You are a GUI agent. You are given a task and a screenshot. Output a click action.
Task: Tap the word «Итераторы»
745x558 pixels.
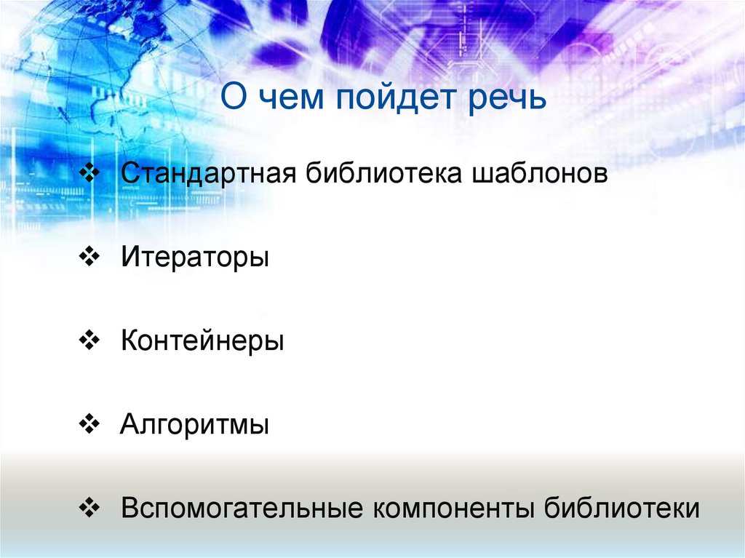pyautogui.click(x=195, y=258)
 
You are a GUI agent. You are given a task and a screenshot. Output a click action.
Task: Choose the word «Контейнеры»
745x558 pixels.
pyautogui.click(x=202, y=341)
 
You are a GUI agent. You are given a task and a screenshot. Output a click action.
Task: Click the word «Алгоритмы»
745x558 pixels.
pyautogui.click(x=195, y=424)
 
